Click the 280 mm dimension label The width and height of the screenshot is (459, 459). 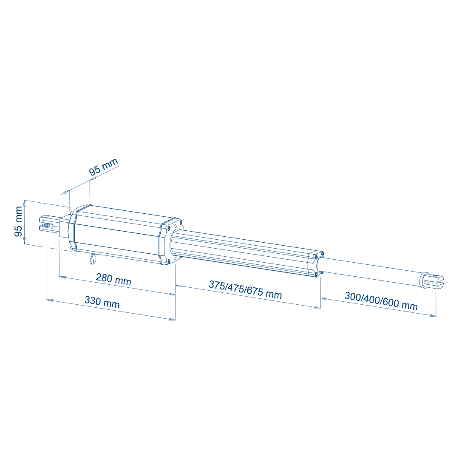[113, 279]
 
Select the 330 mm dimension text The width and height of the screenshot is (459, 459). [102, 302]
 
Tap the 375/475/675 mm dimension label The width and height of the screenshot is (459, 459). [245, 289]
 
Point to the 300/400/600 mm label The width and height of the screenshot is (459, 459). [381, 301]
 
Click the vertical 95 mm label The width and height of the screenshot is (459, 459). [19, 221]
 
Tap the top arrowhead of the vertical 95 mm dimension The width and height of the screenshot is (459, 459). [25, 203]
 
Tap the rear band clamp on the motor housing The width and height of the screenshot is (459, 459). [72, 229]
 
